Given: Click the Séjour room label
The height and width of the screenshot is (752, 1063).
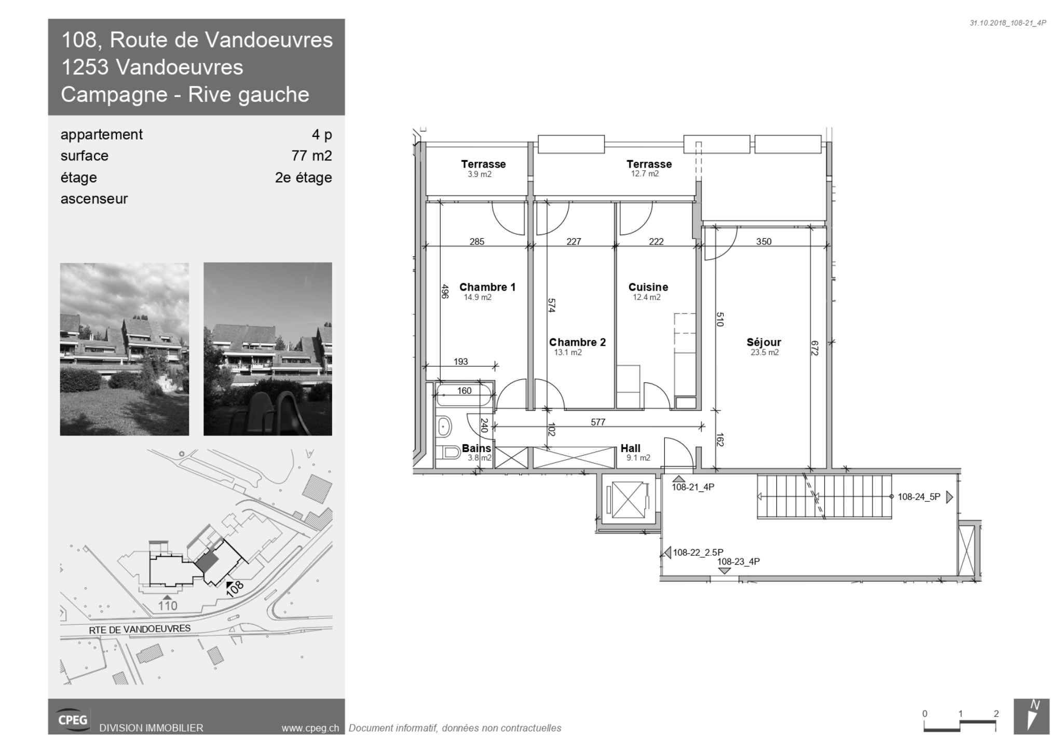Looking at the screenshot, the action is click(764, 343).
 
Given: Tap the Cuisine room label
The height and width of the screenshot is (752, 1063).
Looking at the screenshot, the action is click(648, 287).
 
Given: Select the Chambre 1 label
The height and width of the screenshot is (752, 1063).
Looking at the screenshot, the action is click(487, 287).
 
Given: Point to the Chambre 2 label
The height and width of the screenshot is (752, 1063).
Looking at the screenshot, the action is click(577, 343).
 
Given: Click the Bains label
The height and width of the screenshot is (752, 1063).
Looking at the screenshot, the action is click(476, 448).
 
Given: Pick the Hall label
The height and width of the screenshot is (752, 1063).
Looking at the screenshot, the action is click(630, 448).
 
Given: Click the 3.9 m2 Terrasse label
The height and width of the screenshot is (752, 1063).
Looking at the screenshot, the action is click(483, 164).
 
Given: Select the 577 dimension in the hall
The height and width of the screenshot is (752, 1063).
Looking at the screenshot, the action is click(598, 422).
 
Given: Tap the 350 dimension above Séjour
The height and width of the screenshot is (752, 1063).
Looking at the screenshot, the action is click(764, 241).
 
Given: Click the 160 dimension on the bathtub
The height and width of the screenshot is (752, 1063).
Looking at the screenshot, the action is click(464, 390).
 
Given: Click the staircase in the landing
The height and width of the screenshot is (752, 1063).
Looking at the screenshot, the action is click(824, 497).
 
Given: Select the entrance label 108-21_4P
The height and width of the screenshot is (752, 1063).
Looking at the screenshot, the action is click(693, 487).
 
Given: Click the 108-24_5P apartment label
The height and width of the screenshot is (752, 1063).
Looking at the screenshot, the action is click(919, 497).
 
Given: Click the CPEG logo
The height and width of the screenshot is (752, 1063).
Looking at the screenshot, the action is click(73, 719).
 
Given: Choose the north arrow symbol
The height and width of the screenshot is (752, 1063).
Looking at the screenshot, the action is click(1031, 716).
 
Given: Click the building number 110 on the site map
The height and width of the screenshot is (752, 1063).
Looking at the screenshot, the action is click(168, 606).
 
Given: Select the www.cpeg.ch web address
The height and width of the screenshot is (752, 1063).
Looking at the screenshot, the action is click(310, 728).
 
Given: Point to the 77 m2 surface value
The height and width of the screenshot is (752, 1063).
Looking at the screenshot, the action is click(311, 156).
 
